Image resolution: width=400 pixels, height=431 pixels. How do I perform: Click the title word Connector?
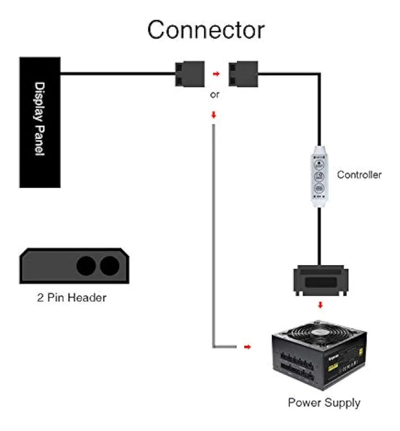tap(206, 30)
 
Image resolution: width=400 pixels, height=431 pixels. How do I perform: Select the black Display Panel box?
tap(40, 122)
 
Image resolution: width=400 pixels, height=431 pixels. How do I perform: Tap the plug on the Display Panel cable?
tap(189, 73)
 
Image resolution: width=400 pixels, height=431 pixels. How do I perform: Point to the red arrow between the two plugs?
tap(216, 74)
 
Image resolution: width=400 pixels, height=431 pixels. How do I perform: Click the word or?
tap(214, 94)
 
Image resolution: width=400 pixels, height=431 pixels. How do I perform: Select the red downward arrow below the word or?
tap(214, 115)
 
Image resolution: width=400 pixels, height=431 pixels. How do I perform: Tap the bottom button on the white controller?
tap(318, 188)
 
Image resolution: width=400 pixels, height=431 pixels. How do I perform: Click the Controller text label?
tap(359, 175)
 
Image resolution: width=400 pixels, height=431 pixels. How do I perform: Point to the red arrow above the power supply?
tap(320, 305)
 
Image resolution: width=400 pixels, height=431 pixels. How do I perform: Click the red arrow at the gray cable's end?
tap(247, 346)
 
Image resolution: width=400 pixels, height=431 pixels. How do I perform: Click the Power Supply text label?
tap(324, 403)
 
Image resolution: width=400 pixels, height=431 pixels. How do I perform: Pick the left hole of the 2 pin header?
tap(86, 266)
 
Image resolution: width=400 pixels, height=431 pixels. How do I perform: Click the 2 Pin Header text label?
tap(72, 298)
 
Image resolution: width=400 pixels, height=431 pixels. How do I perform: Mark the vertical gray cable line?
tap(214, 235)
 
